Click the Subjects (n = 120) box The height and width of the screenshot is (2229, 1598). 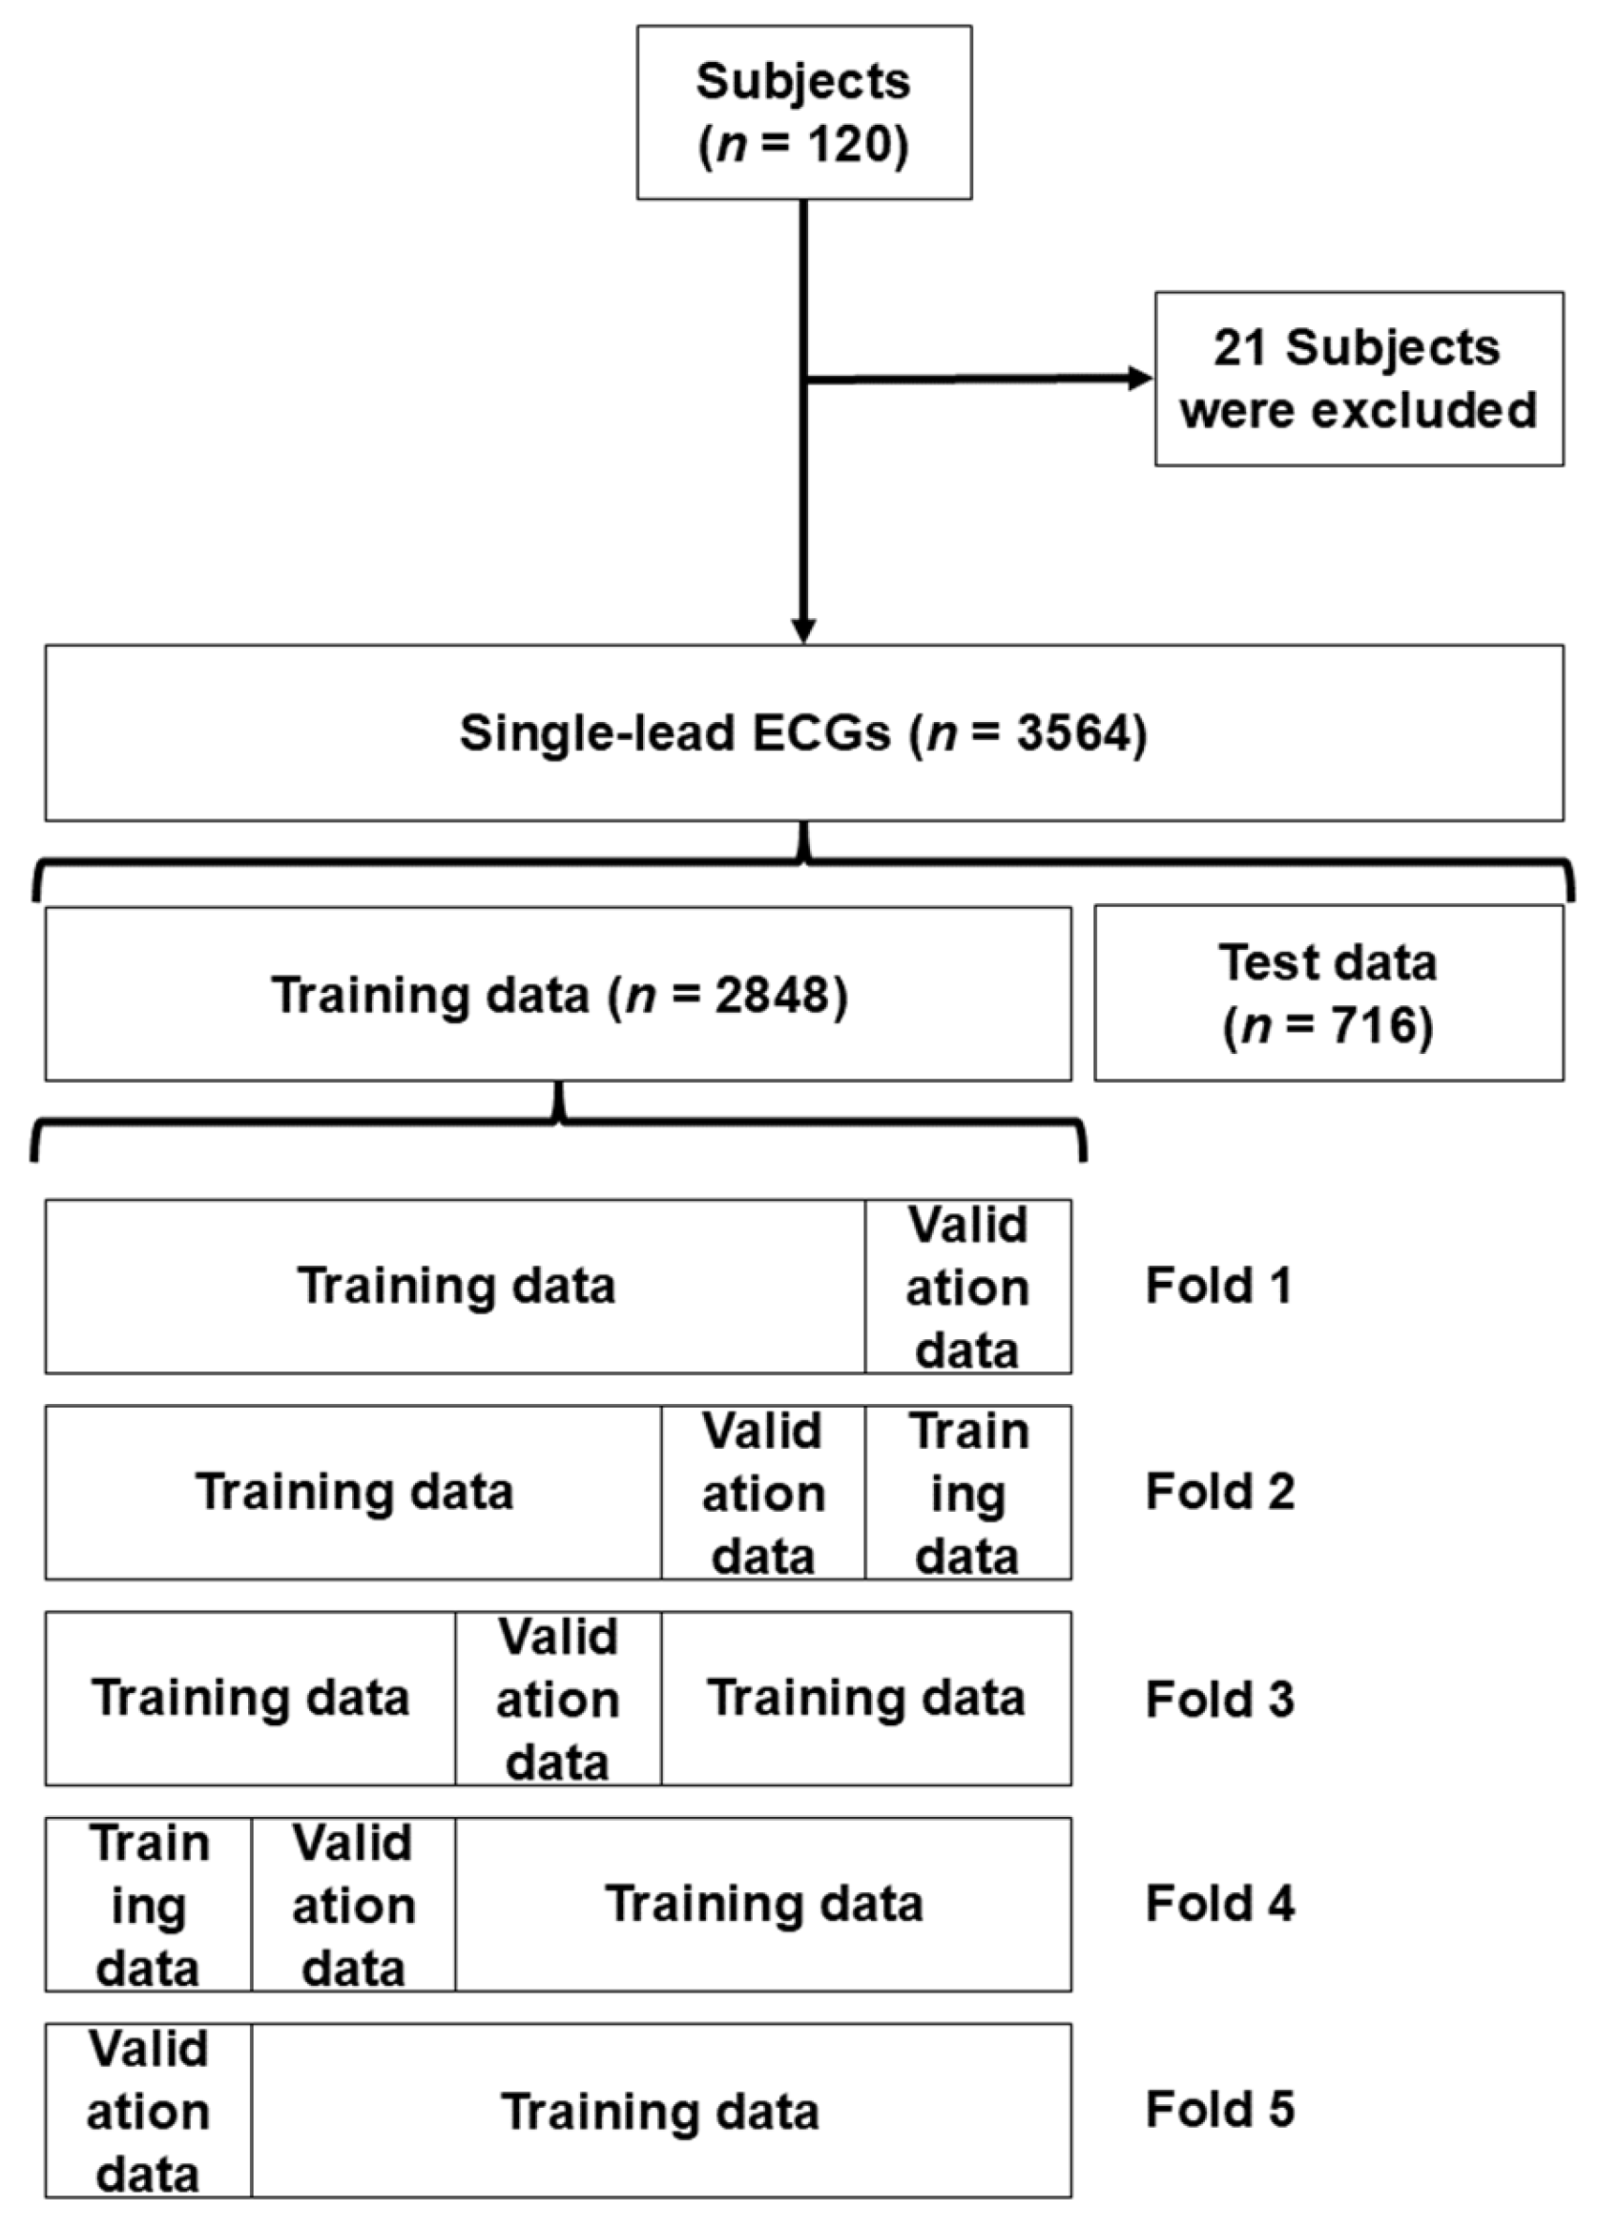pos(803,112)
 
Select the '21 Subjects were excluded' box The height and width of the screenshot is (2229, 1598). pos(1359,379)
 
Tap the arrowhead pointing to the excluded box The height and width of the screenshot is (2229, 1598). pos(1141,379)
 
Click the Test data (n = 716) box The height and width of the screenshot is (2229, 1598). pos(1328,993)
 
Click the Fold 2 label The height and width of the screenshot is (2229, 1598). pos(1218,1491)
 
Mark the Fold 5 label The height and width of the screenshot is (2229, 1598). pos(1218,2110)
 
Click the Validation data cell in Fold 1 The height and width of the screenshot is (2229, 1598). pos(967,1286)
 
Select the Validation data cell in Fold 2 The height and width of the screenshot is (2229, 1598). pos(762,1492)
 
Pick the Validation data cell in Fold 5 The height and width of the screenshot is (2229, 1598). pos(149,2111)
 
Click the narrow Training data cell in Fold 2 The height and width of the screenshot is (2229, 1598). pos(967,1492)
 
